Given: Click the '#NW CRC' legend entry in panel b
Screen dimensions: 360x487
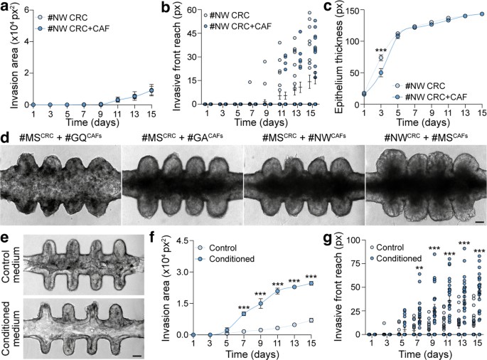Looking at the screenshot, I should point(228,14).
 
